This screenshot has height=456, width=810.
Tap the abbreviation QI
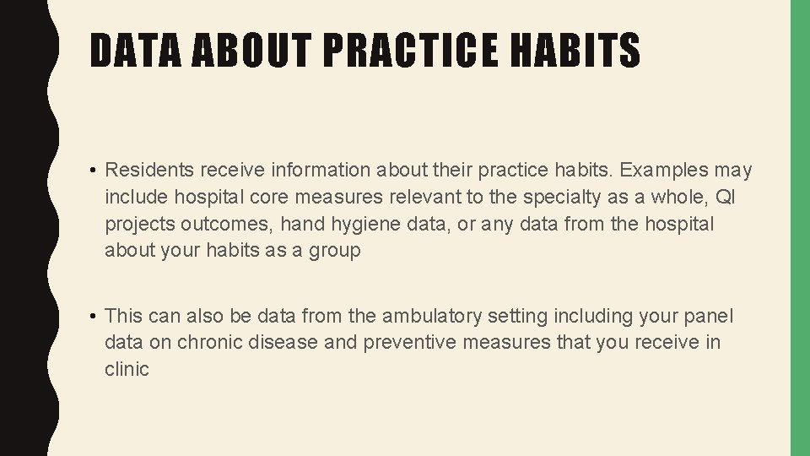(x=725, y=197)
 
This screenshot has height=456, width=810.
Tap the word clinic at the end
(x=127, y=369)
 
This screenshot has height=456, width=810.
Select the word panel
(x=707, y=316)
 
